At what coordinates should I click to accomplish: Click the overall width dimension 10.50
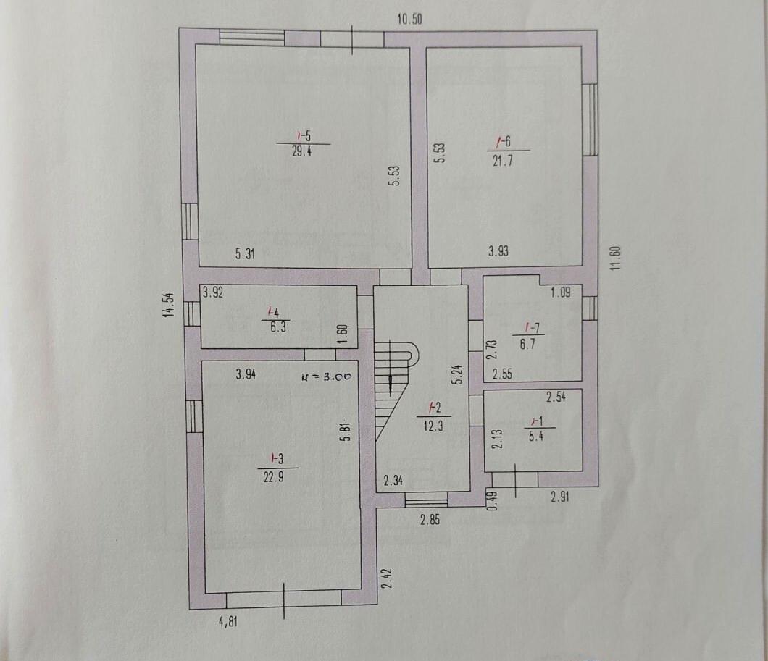(x=409, y=19)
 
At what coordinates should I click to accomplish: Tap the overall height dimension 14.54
(x=169, y=306)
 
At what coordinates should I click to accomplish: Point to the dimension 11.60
(x=616, y=257)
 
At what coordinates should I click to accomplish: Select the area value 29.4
(x=301, y=151)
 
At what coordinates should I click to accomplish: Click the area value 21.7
(x=503, y=161)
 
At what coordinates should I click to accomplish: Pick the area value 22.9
(x=273, y=476)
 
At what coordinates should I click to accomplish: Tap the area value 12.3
(x=433, y=426)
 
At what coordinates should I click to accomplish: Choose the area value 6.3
(x=278, y=327)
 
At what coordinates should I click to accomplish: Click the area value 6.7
(x=527, y=344)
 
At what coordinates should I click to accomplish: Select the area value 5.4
(x=536, y=435)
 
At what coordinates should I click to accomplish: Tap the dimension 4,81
(x=228, y=622)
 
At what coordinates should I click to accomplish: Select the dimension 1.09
(x=560, y=292)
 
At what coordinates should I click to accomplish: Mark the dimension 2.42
(x=387, y=578)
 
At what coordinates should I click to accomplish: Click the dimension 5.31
(x=245, y=254)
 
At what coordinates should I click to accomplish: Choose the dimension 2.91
(x=560, y=497)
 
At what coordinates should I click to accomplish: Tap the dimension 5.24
(x=459, y=374)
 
